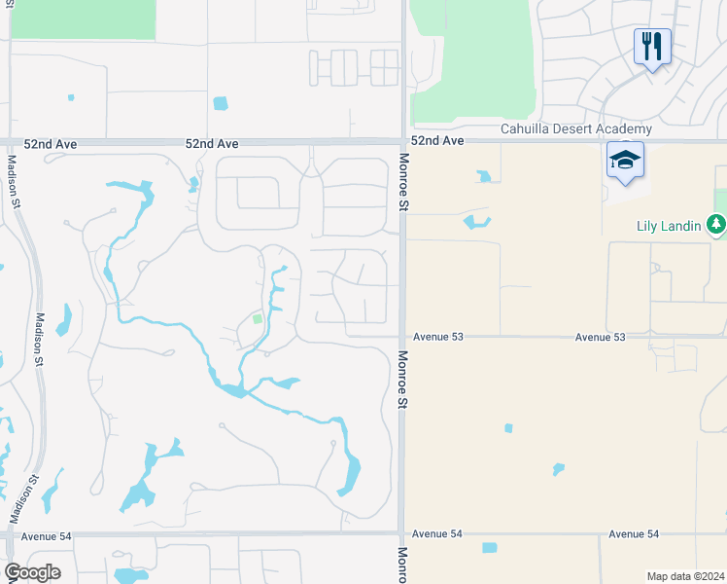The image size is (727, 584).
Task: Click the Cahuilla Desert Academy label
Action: pos(575,129)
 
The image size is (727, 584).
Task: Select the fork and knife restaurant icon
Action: pos(652,45)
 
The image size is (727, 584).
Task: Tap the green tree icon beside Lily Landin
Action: pos(717,225)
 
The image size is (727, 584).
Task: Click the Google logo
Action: pos(32,572)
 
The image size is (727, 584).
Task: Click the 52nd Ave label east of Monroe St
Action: pos(437,141)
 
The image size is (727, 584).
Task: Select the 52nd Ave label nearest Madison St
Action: pos(51,143)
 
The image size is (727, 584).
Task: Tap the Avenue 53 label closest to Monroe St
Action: pos(438,337)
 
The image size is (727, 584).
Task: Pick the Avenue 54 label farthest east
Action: pos(634,534)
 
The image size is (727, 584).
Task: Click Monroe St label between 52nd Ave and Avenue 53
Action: pos(402,182)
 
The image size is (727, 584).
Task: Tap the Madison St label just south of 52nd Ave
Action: pos(14,180)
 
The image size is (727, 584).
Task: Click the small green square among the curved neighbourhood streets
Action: pos(257,318)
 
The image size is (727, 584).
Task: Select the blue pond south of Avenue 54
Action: pos(489,548)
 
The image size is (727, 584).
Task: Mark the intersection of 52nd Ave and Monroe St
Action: pos(402,141)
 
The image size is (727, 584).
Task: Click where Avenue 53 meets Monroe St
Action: pos(402,337)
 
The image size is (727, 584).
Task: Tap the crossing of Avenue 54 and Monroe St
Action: pos(402,533)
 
